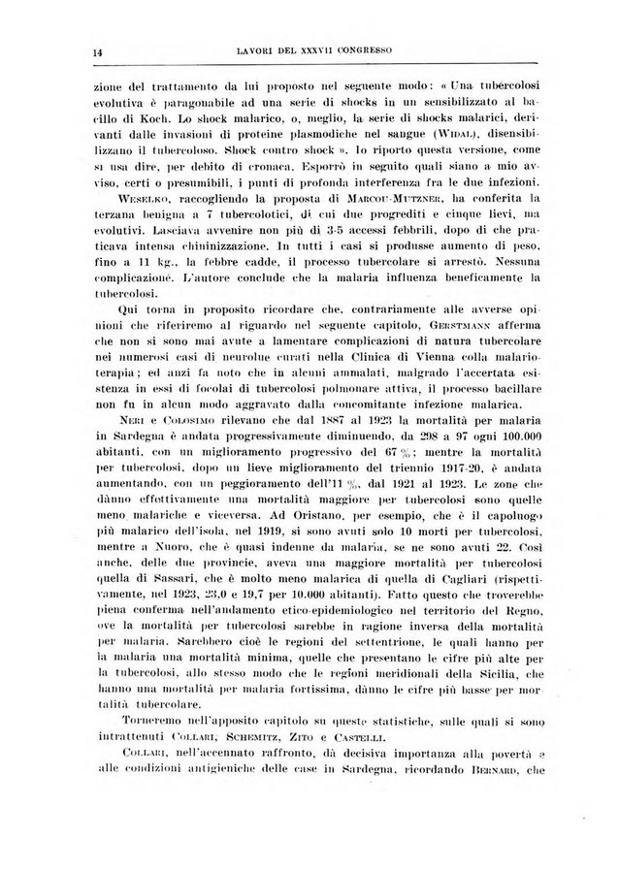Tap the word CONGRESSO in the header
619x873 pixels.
[x=375, y=48]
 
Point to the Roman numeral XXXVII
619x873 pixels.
[x=306, y=48]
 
